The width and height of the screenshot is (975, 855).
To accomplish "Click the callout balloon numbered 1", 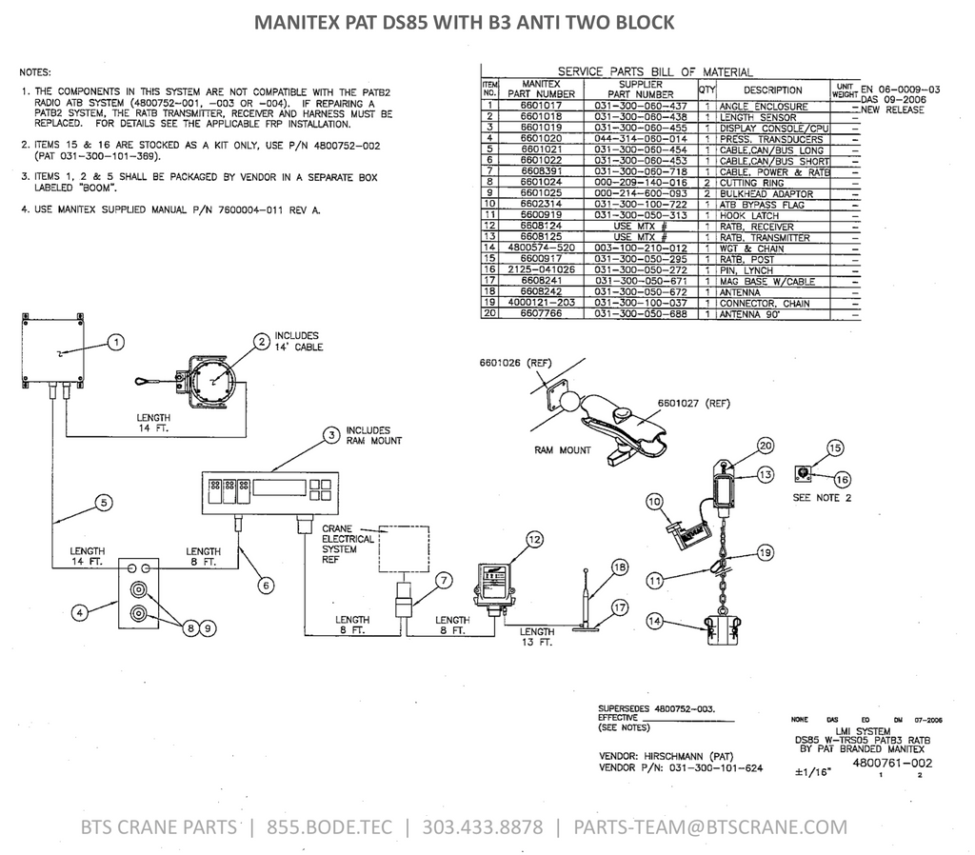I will click(x=114, y=340).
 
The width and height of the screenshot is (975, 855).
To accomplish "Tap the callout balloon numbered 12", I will click(x=534, y=540).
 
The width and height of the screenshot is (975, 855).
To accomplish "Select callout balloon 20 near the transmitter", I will click(x=765, y=445).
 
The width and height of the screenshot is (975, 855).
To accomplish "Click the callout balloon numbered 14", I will click(x=653, y=621).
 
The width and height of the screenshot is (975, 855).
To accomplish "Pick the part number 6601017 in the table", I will click(x=541, y=107).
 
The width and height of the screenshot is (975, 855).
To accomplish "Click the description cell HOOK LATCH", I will click(x=749, y=216).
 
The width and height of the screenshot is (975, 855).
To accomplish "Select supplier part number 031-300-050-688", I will click(x=641, y=313).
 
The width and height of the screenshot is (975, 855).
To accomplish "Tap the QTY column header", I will click(x=706, y=89).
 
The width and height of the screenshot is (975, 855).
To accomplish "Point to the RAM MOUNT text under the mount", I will click(x=564, y=449).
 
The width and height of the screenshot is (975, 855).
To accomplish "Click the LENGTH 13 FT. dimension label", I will click(x=537, y=637).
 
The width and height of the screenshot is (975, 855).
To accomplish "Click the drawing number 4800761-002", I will click(x=892, y=763).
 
